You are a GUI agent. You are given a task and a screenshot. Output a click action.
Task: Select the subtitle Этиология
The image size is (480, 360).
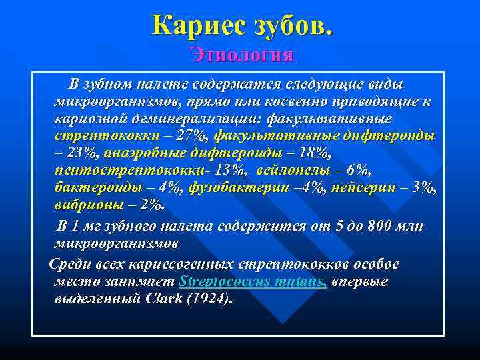241,54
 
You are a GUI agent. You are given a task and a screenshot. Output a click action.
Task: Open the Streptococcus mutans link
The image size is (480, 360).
253,281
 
